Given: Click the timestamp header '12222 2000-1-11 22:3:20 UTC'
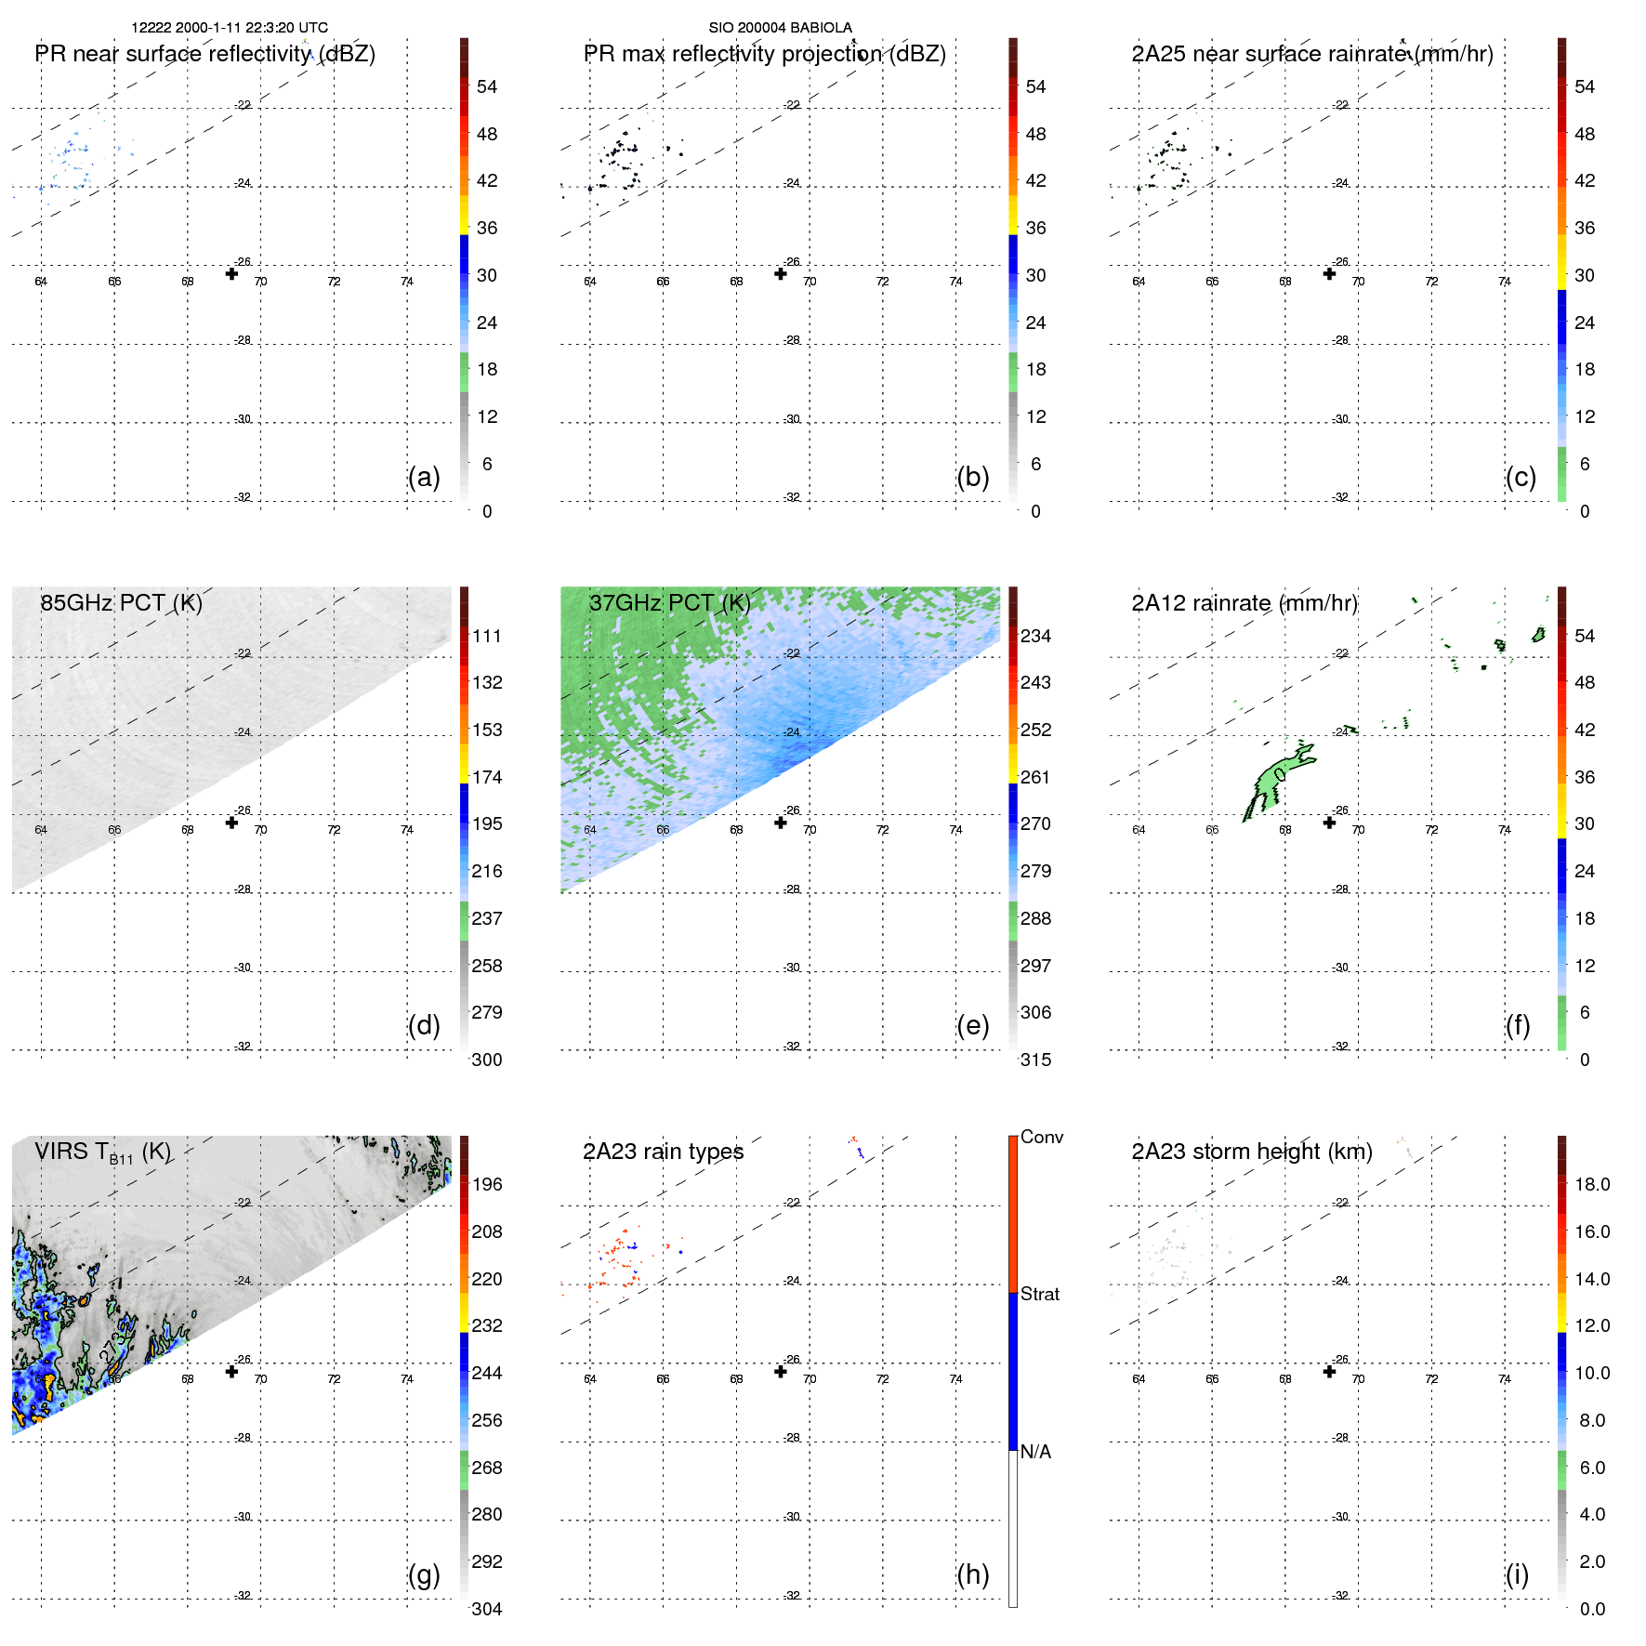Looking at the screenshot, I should point(229,28).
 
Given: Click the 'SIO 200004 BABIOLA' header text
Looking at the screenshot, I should point(780,28).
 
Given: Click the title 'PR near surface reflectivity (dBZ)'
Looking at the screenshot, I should point(204,54).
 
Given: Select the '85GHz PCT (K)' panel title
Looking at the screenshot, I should point(121,603).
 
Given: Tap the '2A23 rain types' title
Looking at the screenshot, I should point(663,1152).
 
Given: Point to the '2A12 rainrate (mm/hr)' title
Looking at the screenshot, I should point(1244,603).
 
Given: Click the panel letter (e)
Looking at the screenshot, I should point(972,1025).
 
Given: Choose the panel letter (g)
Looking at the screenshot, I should point(424,1574).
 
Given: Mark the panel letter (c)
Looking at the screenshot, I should point(1521,477).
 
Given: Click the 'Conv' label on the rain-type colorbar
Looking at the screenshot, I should point(1041,1137).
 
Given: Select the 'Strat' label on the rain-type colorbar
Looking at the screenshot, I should point(1039,1294).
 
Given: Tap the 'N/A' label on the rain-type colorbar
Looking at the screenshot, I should point(1035,1452).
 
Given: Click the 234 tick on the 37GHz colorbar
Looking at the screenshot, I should point(1035,636).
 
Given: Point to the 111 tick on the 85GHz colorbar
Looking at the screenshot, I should point(486,636).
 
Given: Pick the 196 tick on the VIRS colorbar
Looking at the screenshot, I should point(486,1184).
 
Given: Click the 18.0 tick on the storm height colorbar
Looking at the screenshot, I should point(1591,1184).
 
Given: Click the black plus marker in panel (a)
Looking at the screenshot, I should point(231,273).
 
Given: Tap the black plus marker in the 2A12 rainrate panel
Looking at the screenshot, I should point(1329,823).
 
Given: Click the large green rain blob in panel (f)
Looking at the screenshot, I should point(1270,781).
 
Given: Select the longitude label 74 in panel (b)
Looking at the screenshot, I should point(955,282).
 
